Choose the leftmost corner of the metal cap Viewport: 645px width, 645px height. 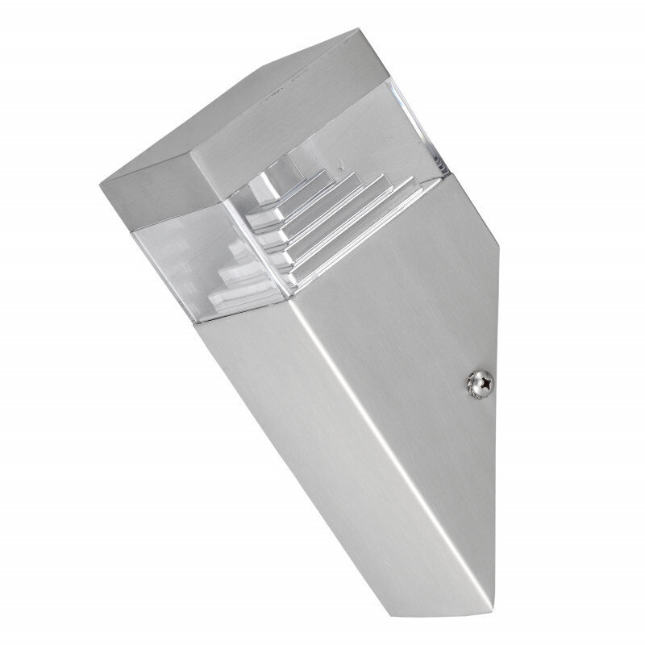pyautogui.click(x=101, y=179)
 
